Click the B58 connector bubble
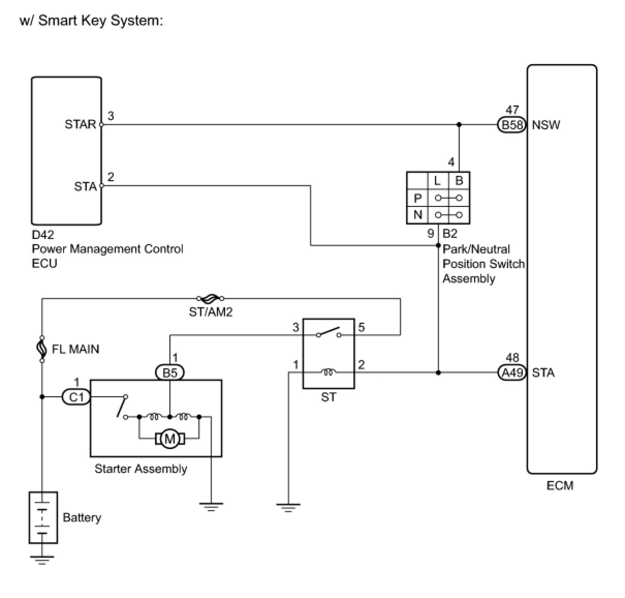point(512,125)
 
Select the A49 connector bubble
point(512,372)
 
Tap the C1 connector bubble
point(76,397)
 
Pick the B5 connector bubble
point(169,372)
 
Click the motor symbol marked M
point(169,439)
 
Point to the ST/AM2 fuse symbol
point(210,298)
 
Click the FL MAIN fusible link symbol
point(42,349)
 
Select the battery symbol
point(42,517)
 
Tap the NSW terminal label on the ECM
point(546,125)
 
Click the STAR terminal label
point(80,125)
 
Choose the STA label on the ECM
point(543,372)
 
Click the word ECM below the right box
point(560,486)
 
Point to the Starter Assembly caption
point(140,469)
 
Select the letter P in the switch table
point(417,198)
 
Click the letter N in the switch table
point(417,215)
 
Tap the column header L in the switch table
point(437,181)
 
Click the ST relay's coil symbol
point(329,371)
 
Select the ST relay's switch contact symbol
point(329,332)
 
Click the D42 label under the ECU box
point(43,235)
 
